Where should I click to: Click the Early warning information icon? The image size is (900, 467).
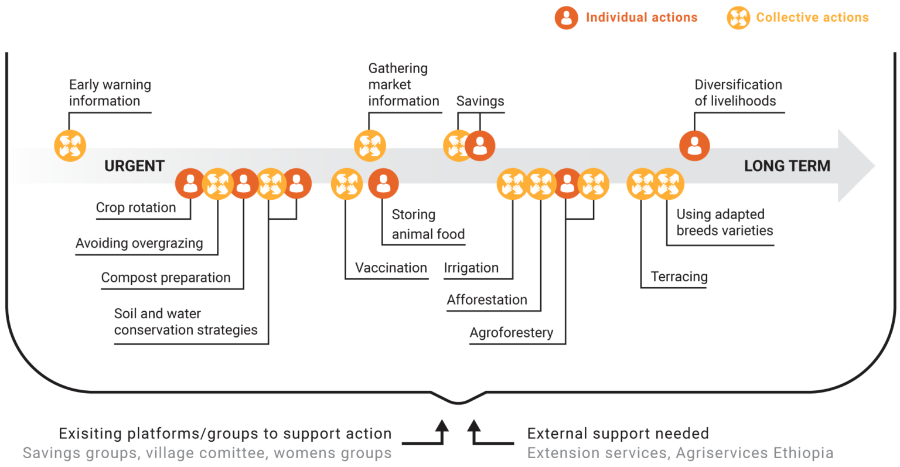tap(70, 145)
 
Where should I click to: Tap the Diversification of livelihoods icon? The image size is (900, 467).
tap(694, 145)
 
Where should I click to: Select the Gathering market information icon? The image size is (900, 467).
tap(370, 145)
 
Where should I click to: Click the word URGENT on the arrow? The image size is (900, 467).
tap(134, 166)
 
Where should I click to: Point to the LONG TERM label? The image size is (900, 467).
tap(787, 166)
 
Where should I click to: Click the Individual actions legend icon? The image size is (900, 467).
tap(566, 18)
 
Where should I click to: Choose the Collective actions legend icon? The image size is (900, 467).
tap(738, 18)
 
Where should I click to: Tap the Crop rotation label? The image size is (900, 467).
tap(135, 208)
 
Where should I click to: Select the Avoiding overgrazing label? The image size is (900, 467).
tap(139, 243)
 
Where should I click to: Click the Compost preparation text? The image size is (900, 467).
tap(165, 278)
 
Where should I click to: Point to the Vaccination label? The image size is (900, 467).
tap(391, 268)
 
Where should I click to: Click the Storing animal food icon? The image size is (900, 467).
tap(383, 184)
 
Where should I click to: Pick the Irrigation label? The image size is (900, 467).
tap(471, 268)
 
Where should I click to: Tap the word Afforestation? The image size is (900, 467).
tap(487, 300)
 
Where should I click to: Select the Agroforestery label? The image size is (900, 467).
tap(511, 333)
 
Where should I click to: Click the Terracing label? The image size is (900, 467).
tap(679, 277)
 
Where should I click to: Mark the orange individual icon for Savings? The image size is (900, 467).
tap(480, 145)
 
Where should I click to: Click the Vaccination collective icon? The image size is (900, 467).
tap(346, 184)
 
